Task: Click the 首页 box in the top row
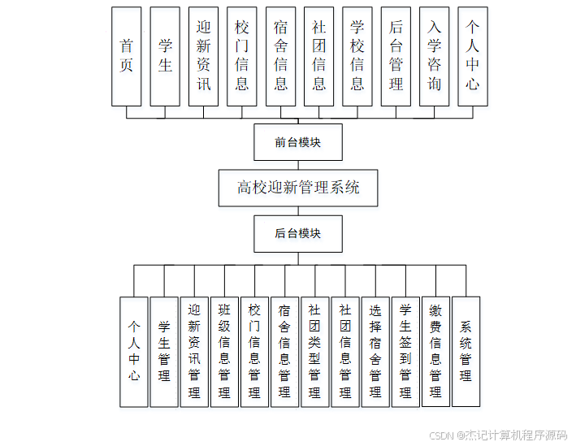tap(127, 56)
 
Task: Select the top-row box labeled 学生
tap(165, 56)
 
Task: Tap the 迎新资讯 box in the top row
tap(203, 56)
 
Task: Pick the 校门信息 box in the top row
tap(242, 56)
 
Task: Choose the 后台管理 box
tap(396, 56)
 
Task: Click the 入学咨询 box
tap(435, 56)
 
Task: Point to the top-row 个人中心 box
tap(473, 56)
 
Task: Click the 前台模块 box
tap(298, 142)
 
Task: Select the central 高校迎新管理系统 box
tap(298, 188)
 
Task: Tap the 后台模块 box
tap(298, 233)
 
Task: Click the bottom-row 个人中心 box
tap(134, 351)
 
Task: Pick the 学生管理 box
tap(164, 351)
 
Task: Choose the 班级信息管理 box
tap(224, 351)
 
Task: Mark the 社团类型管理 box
tap(314, 351)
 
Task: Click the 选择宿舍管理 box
tap(375, 351)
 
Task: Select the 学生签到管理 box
tap(405, 351)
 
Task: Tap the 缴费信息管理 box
tap(435, 351)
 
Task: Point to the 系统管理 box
tap(466, 351)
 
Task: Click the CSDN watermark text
tap(498, 435)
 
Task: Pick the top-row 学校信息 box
tap(357, 56)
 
